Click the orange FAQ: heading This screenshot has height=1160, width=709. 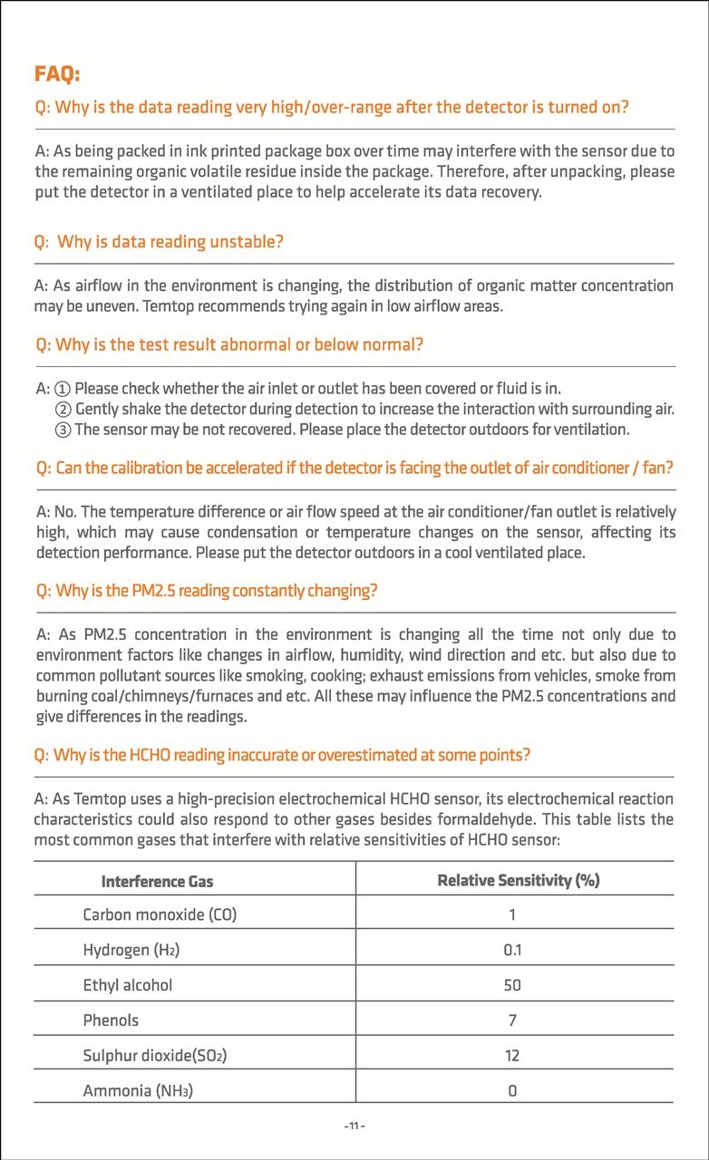tap(57, 73)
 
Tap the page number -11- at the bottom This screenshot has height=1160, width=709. tap(354, 1126)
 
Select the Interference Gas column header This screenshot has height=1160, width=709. tap(157, 880)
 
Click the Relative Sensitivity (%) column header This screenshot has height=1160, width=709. tap(518, 879)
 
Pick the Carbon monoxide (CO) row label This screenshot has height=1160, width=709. tap(160, 914)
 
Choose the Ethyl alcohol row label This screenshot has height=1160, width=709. tap(127, 984)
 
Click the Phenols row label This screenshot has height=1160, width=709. tap(111, 1020)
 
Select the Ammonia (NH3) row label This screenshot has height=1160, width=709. tap(138, 1090)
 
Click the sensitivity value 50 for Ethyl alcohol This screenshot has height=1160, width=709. tap(512, 985)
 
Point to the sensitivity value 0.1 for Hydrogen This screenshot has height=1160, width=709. tap(512, 950)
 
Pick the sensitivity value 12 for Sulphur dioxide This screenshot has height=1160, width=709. tap(512, 1055)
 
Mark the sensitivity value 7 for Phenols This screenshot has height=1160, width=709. tap(512, 1020)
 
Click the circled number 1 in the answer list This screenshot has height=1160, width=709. tap(63, 389)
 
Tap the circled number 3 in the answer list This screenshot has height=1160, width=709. tap(63, 429)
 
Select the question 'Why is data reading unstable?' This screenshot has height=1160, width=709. tap(160, 242)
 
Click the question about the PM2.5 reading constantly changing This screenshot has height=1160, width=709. tap(206, 591)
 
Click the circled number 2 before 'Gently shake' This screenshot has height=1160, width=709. tap(63, 409)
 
